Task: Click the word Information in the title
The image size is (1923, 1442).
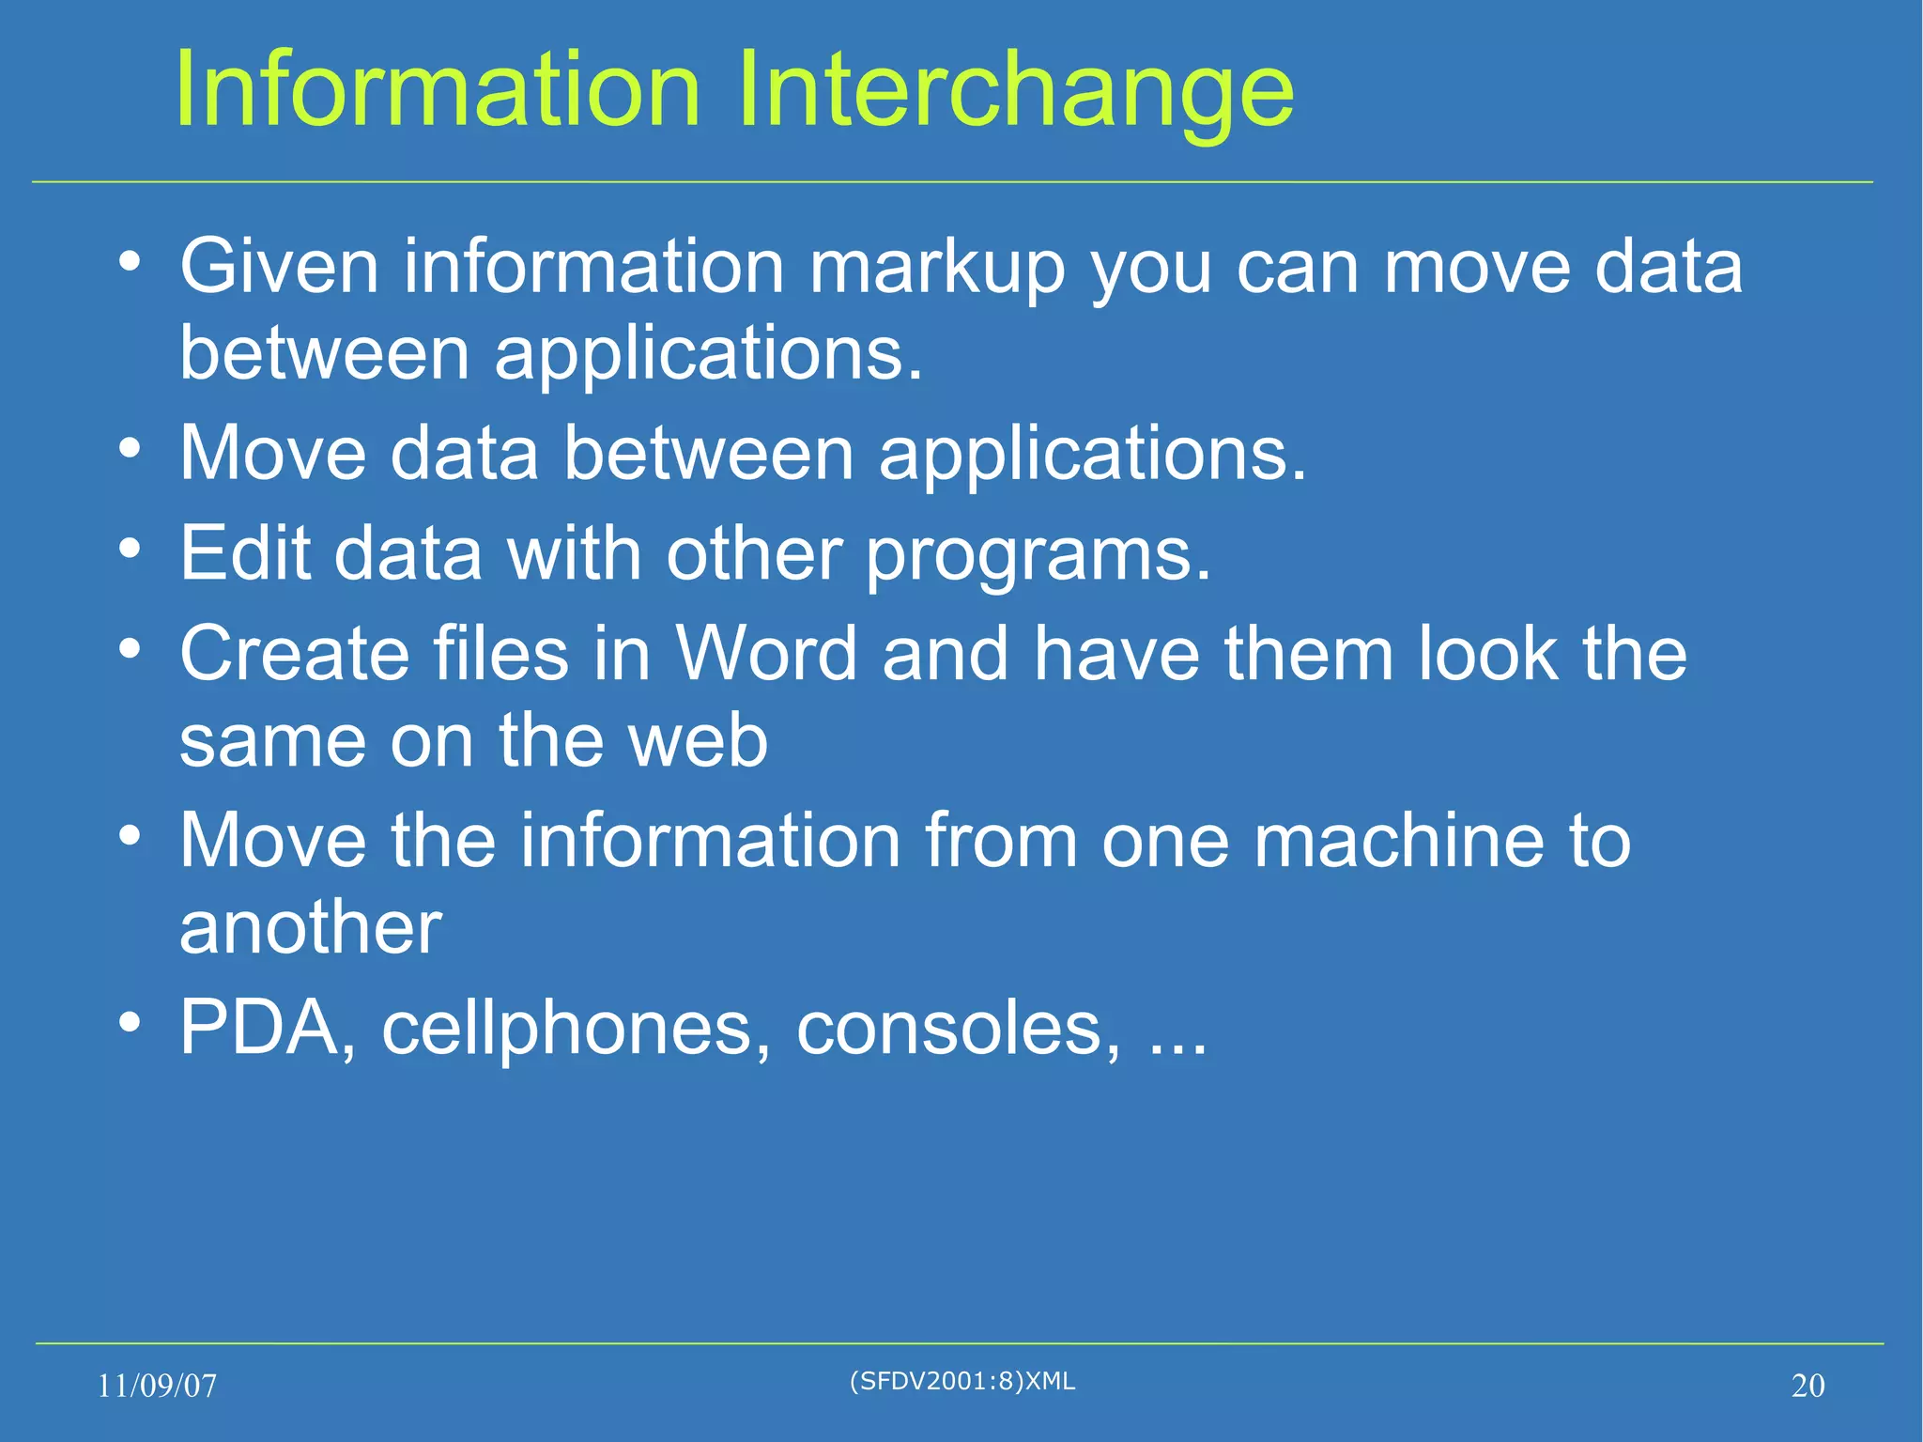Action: [438, 89]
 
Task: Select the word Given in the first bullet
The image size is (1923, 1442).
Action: [279, 268]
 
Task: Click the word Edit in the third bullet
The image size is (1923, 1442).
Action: [245, 553]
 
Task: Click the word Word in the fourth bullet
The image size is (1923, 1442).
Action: [766, 653]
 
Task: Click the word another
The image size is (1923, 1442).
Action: [311, 928]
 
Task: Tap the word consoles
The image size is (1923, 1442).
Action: [958, 1028]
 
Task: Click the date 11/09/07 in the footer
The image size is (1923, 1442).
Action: [157, 1386]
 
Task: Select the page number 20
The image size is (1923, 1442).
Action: [1808, 1386]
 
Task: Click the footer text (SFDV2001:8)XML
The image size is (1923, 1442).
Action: [961, 1381]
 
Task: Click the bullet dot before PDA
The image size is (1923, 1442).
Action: [131, 1020]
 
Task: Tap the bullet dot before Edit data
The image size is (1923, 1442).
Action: [131, 547]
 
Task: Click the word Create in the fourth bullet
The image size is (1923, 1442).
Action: [295, 653]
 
